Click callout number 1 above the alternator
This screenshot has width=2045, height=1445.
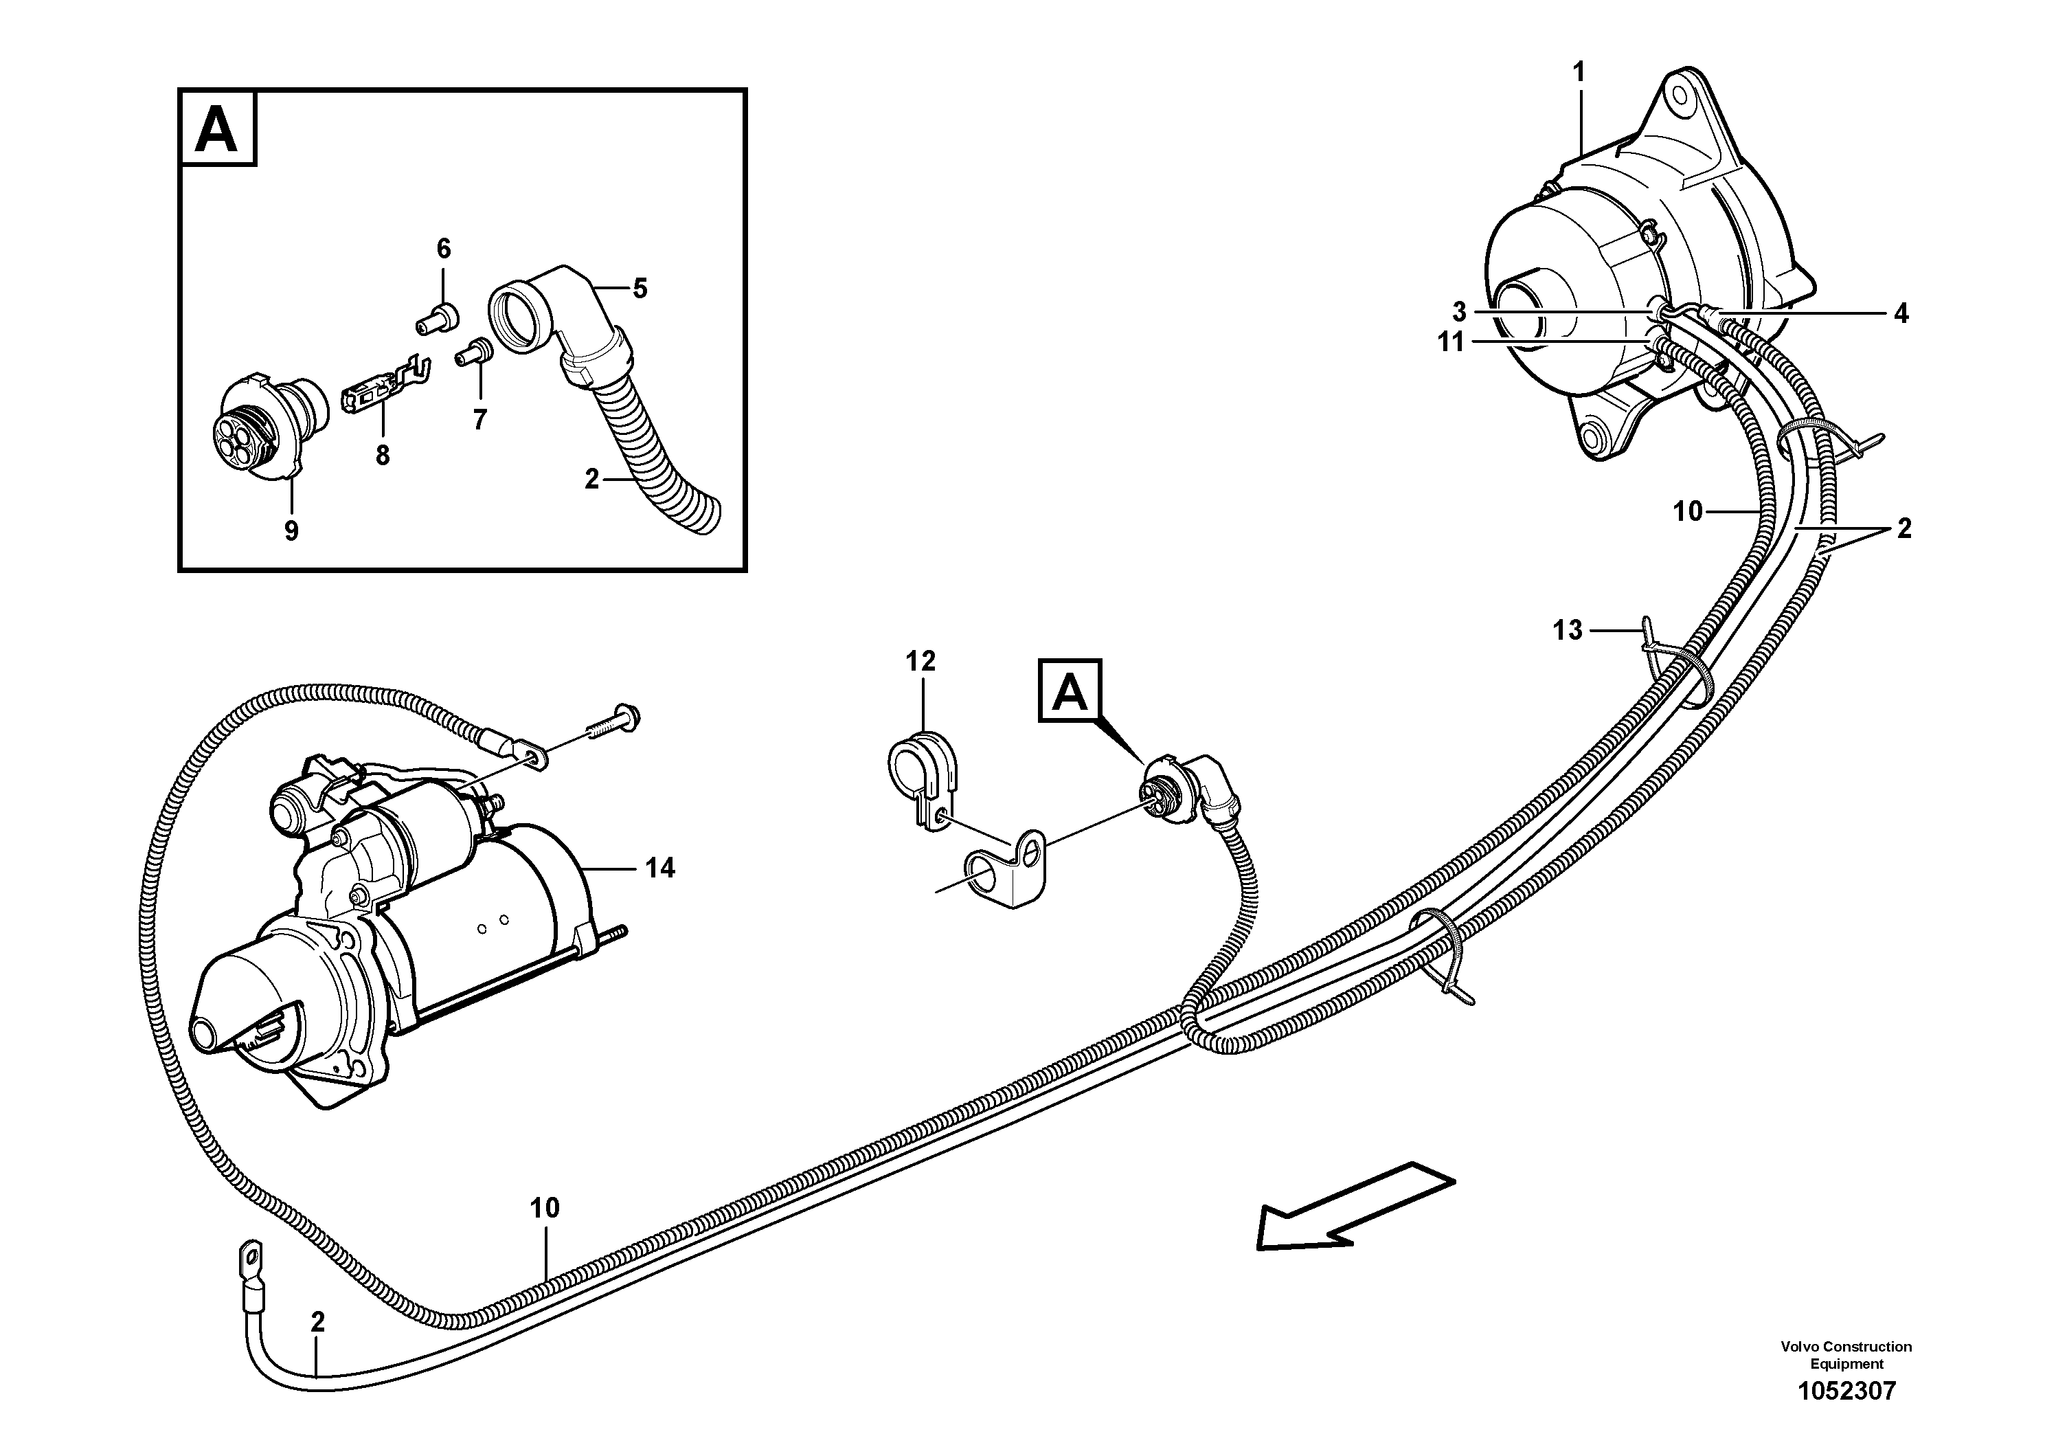click(1579, 73)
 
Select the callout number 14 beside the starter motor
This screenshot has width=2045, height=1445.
click(660, 868)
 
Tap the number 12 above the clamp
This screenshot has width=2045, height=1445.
click(921, 661)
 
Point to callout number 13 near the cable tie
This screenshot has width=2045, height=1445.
click(1568, 631)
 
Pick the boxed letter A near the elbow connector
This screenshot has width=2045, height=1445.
click(1070, 691)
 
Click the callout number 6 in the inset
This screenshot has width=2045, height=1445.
click(444, 249)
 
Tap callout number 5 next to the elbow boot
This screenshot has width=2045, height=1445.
click(640, 289)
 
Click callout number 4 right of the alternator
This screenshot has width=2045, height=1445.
click(1901, 313)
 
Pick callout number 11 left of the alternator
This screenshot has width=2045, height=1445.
click(1451, 342)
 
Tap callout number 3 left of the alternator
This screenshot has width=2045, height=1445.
click(1459, 312)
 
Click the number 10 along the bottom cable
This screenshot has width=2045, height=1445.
click(544, 1208)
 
